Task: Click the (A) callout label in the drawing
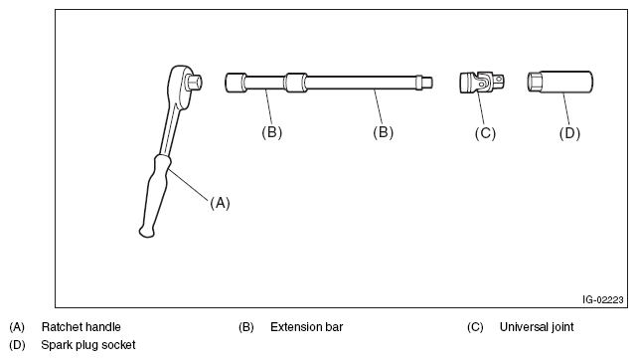pos(220,203)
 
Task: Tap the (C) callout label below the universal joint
pos(485,133)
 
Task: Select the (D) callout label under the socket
pos(569,133)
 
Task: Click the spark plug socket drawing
pos(559,82)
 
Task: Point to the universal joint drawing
pos(483,83)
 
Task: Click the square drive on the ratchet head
pos(194,83)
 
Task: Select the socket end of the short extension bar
pos(236,83)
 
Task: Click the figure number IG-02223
pos(602,300)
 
